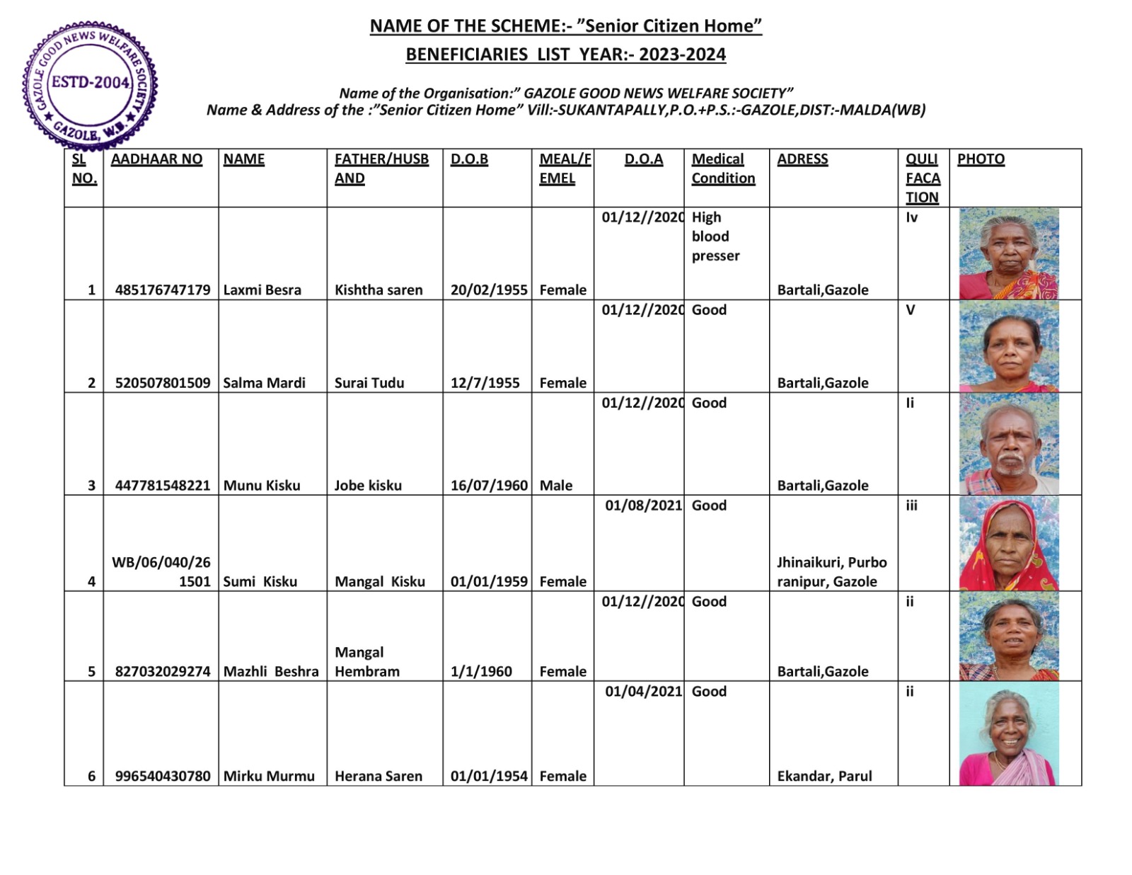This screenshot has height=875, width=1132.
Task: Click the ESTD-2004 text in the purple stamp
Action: coord(91,82)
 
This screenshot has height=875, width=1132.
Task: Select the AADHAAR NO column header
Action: coord(156,159)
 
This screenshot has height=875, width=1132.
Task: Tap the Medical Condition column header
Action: coord(723,168)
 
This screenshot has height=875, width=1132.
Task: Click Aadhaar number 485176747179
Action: coord(163,290)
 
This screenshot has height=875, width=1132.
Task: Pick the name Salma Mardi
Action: coord(265,383)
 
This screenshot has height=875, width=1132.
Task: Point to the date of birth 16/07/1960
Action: coord(489,486)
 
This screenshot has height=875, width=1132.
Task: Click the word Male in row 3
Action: coord(556,486)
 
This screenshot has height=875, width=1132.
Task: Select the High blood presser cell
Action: coord(715,236)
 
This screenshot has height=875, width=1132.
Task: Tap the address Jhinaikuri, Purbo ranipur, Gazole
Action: coord(831,572)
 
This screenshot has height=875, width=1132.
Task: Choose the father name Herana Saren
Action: coord(379,776)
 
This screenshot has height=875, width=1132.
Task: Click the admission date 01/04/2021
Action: coord(643,692)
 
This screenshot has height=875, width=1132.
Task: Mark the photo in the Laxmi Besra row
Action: coord(1009,253)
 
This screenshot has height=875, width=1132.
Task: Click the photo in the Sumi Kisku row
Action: coord(1009,544)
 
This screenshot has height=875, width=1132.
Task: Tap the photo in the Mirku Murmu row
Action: coord(1009,734)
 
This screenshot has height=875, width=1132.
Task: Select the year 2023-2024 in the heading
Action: coord(682,55)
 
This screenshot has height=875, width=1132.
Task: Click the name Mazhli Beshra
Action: coord(271,671)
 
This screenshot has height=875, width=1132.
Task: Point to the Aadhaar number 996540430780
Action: coord(163,776)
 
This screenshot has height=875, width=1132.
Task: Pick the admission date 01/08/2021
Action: coord(643,505)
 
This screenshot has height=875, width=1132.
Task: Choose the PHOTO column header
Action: coord(981,159)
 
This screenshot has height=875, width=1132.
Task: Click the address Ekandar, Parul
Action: coord(824,776)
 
